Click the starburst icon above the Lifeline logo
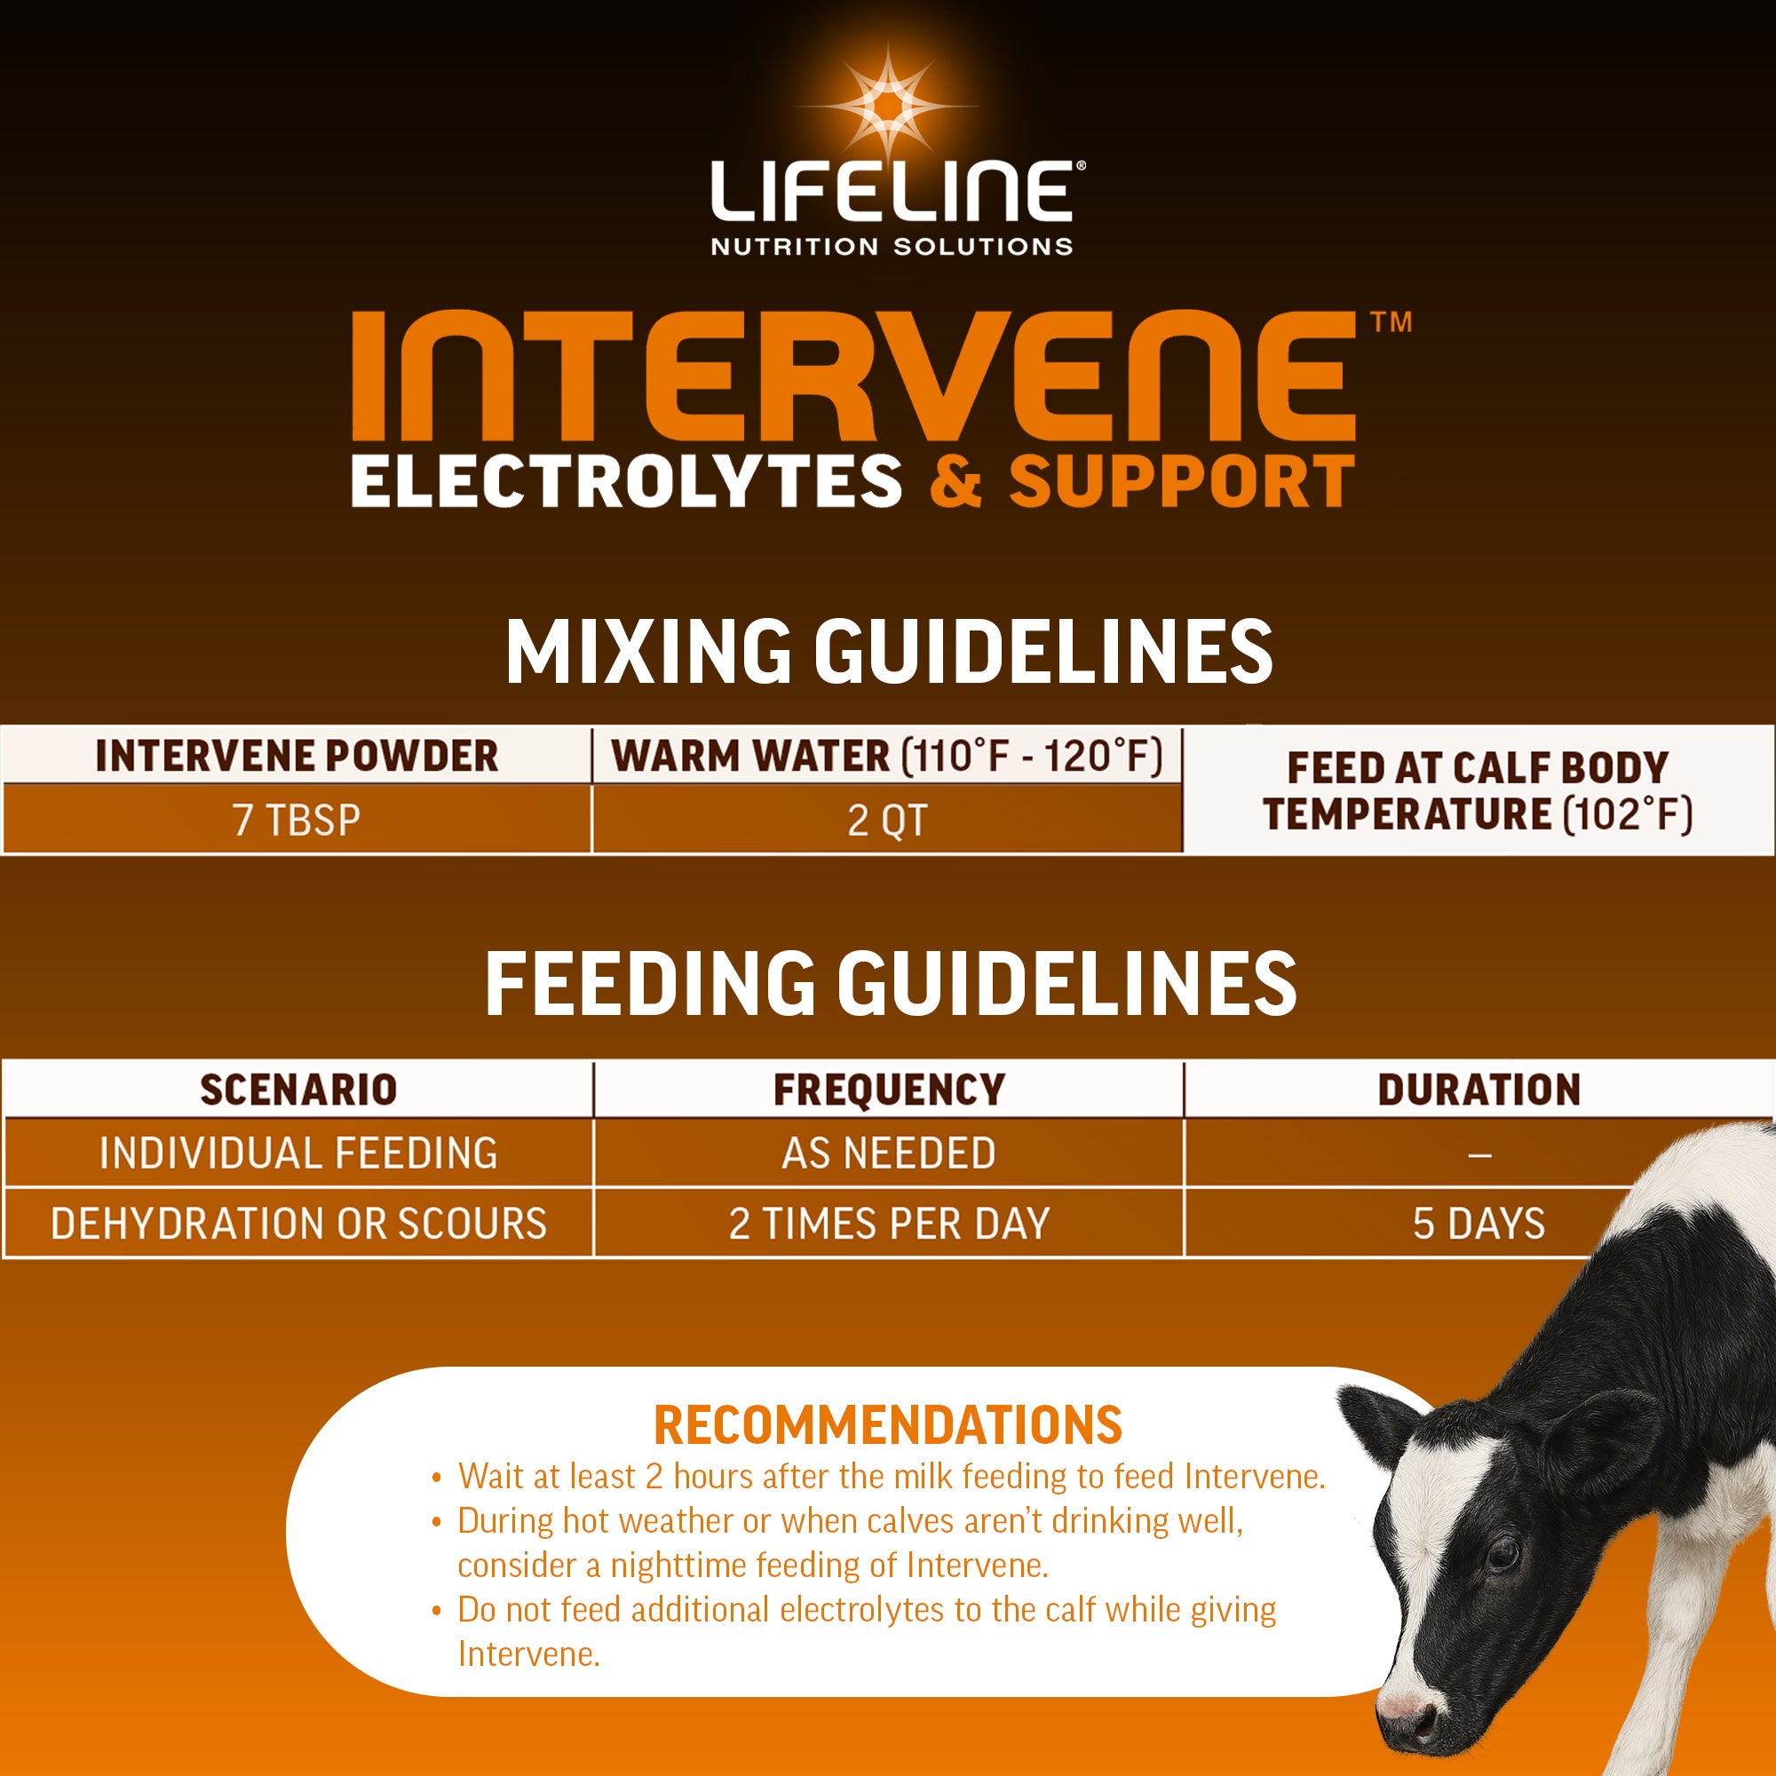coord(888,105)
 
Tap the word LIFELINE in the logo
coord(890,191)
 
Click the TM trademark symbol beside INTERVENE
coord(1390,322)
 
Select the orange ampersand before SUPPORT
coord(956,481)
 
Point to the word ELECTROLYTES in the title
coord(625,481)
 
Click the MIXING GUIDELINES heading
coord(888,652)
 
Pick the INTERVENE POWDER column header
coord(296,756)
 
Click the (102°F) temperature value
coord(1627,814)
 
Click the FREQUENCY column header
coord(888,1090)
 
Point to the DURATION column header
coord(1479,1090)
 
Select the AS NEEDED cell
coord(888,1153)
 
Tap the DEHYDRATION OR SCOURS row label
coord(297,1224)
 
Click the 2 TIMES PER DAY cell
coord(888,1224)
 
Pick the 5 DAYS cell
coord(1479,1224)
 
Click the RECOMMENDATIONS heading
coord(887,1426)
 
